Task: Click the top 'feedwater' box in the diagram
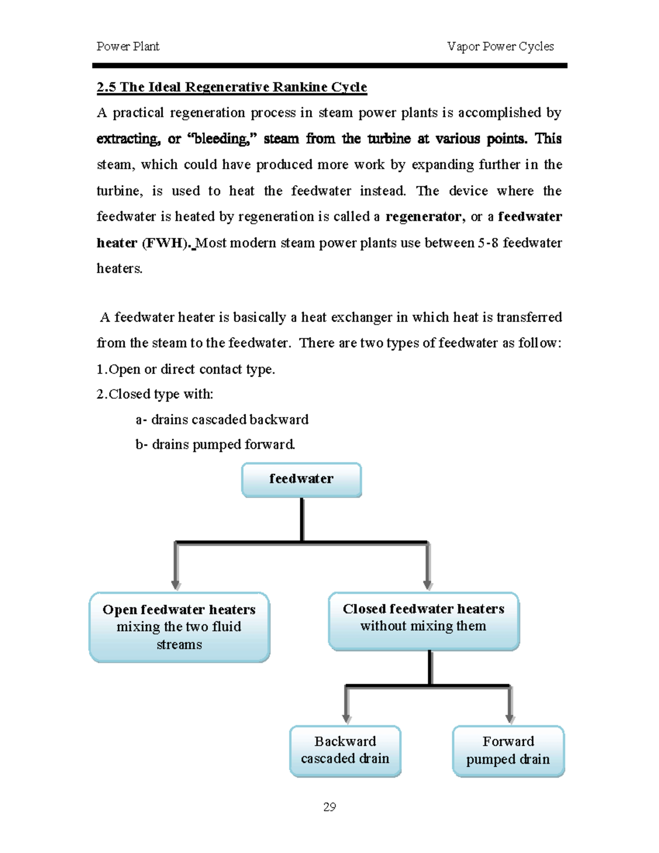[x=301, y=480]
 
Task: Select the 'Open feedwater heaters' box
[x=179, y=627]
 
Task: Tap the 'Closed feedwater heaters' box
[x=423, y=621]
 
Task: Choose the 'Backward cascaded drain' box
[x=345, y=750]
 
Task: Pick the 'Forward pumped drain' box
[x=508, y=750]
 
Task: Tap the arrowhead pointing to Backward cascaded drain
[x=347, y=718]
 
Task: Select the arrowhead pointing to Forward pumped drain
[x=510, y=718]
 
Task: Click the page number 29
[x=329, y=807]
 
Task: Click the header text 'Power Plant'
[x=128, y=47]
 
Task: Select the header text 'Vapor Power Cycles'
[x=500, y=47]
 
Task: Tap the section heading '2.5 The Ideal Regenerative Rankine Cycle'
[x=232, y=87]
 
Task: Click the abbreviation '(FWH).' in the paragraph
[x=167, y=243]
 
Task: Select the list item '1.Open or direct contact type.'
[x=186, y=370]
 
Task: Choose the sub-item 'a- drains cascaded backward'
[x=222, y=420]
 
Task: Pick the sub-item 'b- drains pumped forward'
[x=215, y=444]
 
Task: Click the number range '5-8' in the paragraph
[x=487, y=243]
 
